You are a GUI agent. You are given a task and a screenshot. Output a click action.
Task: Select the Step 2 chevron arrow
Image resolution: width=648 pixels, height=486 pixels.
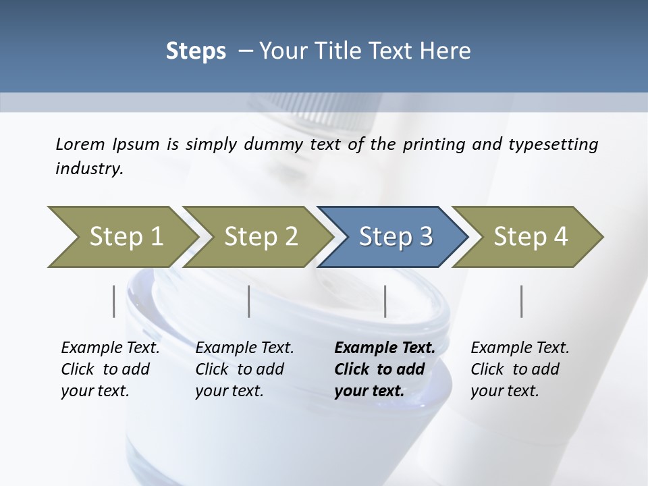pyautogui.click(x=259, y=237)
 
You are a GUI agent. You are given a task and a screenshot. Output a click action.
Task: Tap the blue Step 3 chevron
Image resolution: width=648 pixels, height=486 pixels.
pyautogui.click(x=395, y=237)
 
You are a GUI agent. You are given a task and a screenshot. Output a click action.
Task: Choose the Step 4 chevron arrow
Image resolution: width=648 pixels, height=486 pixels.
pyautogui.click(x=530, y=237)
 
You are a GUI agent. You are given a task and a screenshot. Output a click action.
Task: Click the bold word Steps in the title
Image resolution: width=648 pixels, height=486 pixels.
pyautogui.click(x=196, y=51)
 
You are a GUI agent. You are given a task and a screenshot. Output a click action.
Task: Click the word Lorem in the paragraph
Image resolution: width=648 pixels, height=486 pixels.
pyautogui.click(x=80, y=144)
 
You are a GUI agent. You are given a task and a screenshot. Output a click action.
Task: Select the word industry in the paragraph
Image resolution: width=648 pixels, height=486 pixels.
pyautogui.click(x=88, y=169)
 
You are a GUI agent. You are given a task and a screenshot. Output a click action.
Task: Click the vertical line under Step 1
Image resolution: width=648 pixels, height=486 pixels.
pyautogui.click(x=113, y=301)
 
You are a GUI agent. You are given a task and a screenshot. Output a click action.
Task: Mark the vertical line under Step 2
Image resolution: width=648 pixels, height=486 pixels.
pyautogui.click(x=249, y=301)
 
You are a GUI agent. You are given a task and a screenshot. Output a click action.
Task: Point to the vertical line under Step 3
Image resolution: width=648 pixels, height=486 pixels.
pyautogui.click(x=385, y=301)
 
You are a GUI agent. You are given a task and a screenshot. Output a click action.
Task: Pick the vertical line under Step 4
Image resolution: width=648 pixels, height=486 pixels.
pyautogui.click(x=521, y=301)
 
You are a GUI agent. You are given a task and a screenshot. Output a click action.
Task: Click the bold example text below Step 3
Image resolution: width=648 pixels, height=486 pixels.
pyautogui.click(x=384, y=369)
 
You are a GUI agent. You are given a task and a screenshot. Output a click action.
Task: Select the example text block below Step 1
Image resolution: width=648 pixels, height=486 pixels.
pyautogui.click(x=110, y=369)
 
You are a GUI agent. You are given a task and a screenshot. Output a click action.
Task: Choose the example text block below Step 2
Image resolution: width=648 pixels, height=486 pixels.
pyautogui.click(x=244, y=369)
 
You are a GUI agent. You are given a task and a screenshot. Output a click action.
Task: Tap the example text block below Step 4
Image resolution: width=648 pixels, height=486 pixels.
pyautogui.click(x=520, y=369)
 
